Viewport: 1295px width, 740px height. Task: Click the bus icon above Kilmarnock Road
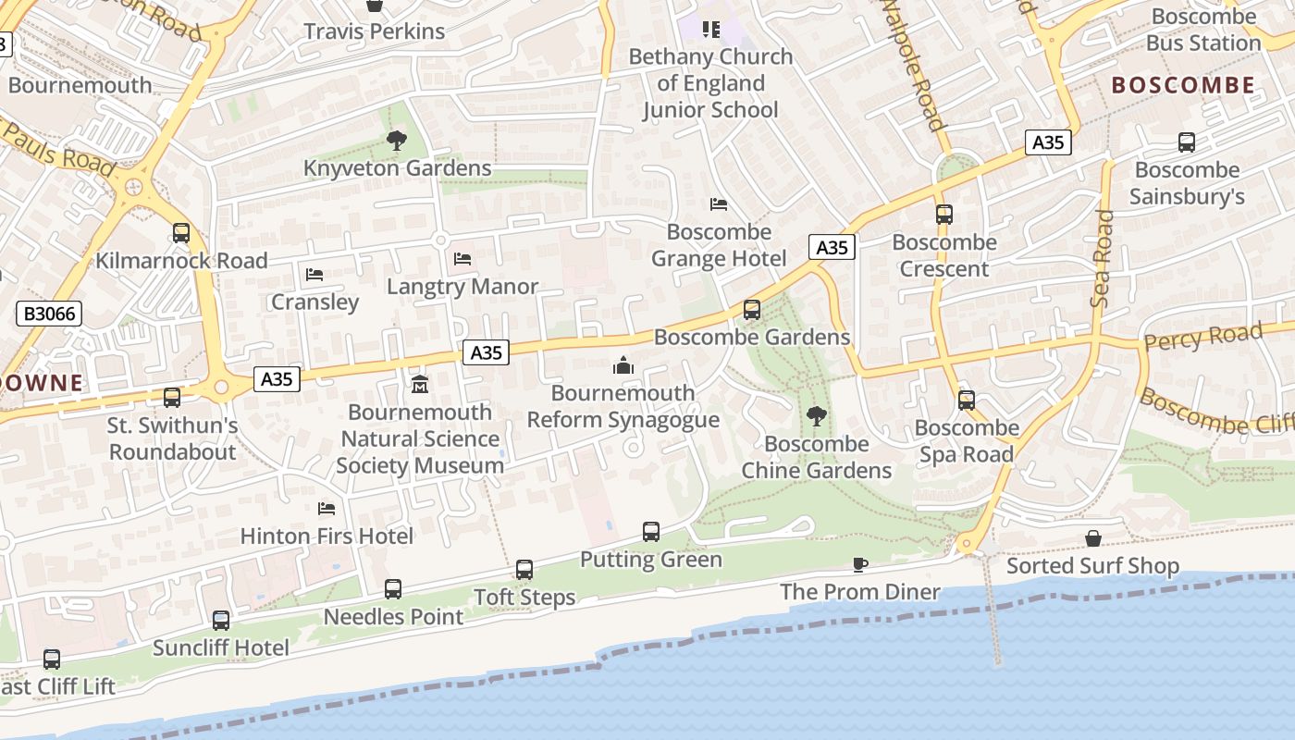click(181, 233)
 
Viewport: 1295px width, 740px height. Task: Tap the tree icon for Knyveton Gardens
click(397, 142)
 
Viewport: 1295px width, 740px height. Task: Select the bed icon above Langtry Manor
click(462, 259)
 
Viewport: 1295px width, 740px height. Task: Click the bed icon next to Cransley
click(314, 275)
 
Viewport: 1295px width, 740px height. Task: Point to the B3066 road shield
click(49, 314)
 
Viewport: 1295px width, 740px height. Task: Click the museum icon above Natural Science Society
click(419, 384)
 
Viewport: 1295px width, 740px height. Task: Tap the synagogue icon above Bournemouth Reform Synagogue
click(623, 365)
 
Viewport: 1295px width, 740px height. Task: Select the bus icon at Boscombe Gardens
click(752, 309)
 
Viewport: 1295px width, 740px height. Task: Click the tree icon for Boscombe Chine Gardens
click(816, 416)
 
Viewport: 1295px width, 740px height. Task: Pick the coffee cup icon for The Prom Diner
click(859, 564)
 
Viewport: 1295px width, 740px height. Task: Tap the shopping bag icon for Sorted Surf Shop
click(1092, 538)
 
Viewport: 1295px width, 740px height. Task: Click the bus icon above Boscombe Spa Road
click(967, 401)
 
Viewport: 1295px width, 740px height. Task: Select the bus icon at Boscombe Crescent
click(943, 215)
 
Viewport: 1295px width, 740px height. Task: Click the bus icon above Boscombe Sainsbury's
click(1187, 142)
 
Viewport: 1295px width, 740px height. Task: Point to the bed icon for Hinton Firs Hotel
click(326, 509)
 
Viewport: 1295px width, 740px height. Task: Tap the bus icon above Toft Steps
click(524, 570)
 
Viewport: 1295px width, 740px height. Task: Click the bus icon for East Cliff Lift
click(52, 660)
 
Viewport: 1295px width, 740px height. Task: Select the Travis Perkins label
click(375, 31)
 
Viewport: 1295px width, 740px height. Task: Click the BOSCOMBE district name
click(1183, 85)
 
